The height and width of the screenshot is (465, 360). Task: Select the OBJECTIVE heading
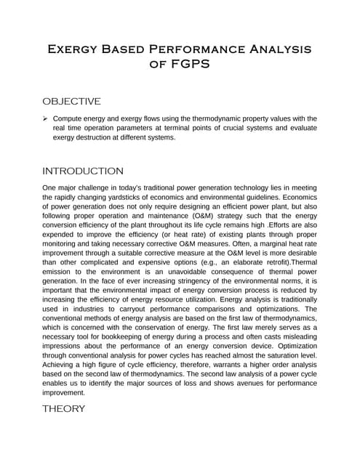(x=71, y=101)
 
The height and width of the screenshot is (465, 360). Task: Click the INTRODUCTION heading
(x=83, y=171)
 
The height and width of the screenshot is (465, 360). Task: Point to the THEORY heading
(x=64, y=408)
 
